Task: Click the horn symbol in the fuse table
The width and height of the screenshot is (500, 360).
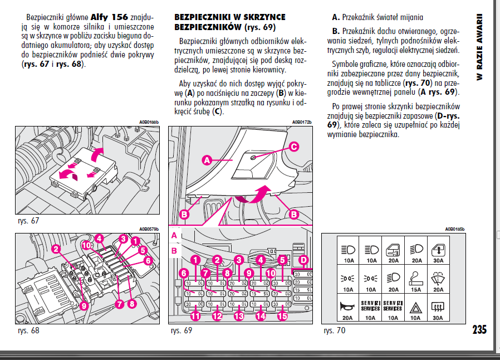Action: click(x=348, y=306)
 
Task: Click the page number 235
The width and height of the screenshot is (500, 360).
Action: click(x=479, y=329)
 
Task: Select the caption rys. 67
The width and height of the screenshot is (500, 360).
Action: click(x=28, y=221)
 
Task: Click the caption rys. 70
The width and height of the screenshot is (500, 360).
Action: click(x=335, y=330)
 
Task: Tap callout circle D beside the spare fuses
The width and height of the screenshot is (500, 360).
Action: click(x=303, y=260)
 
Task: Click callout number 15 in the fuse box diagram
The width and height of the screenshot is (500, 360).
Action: click(x=282, y=316)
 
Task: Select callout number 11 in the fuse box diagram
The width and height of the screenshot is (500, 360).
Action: click(x=195, y=316)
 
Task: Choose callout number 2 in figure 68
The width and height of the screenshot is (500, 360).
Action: click(x=56, y=249)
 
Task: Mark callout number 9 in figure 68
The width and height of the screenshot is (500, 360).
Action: click(x=84, y=305)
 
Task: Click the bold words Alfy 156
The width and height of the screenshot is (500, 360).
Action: click(x=110, y=17)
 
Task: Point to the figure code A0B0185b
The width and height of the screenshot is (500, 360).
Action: click(x=455, y=228)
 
